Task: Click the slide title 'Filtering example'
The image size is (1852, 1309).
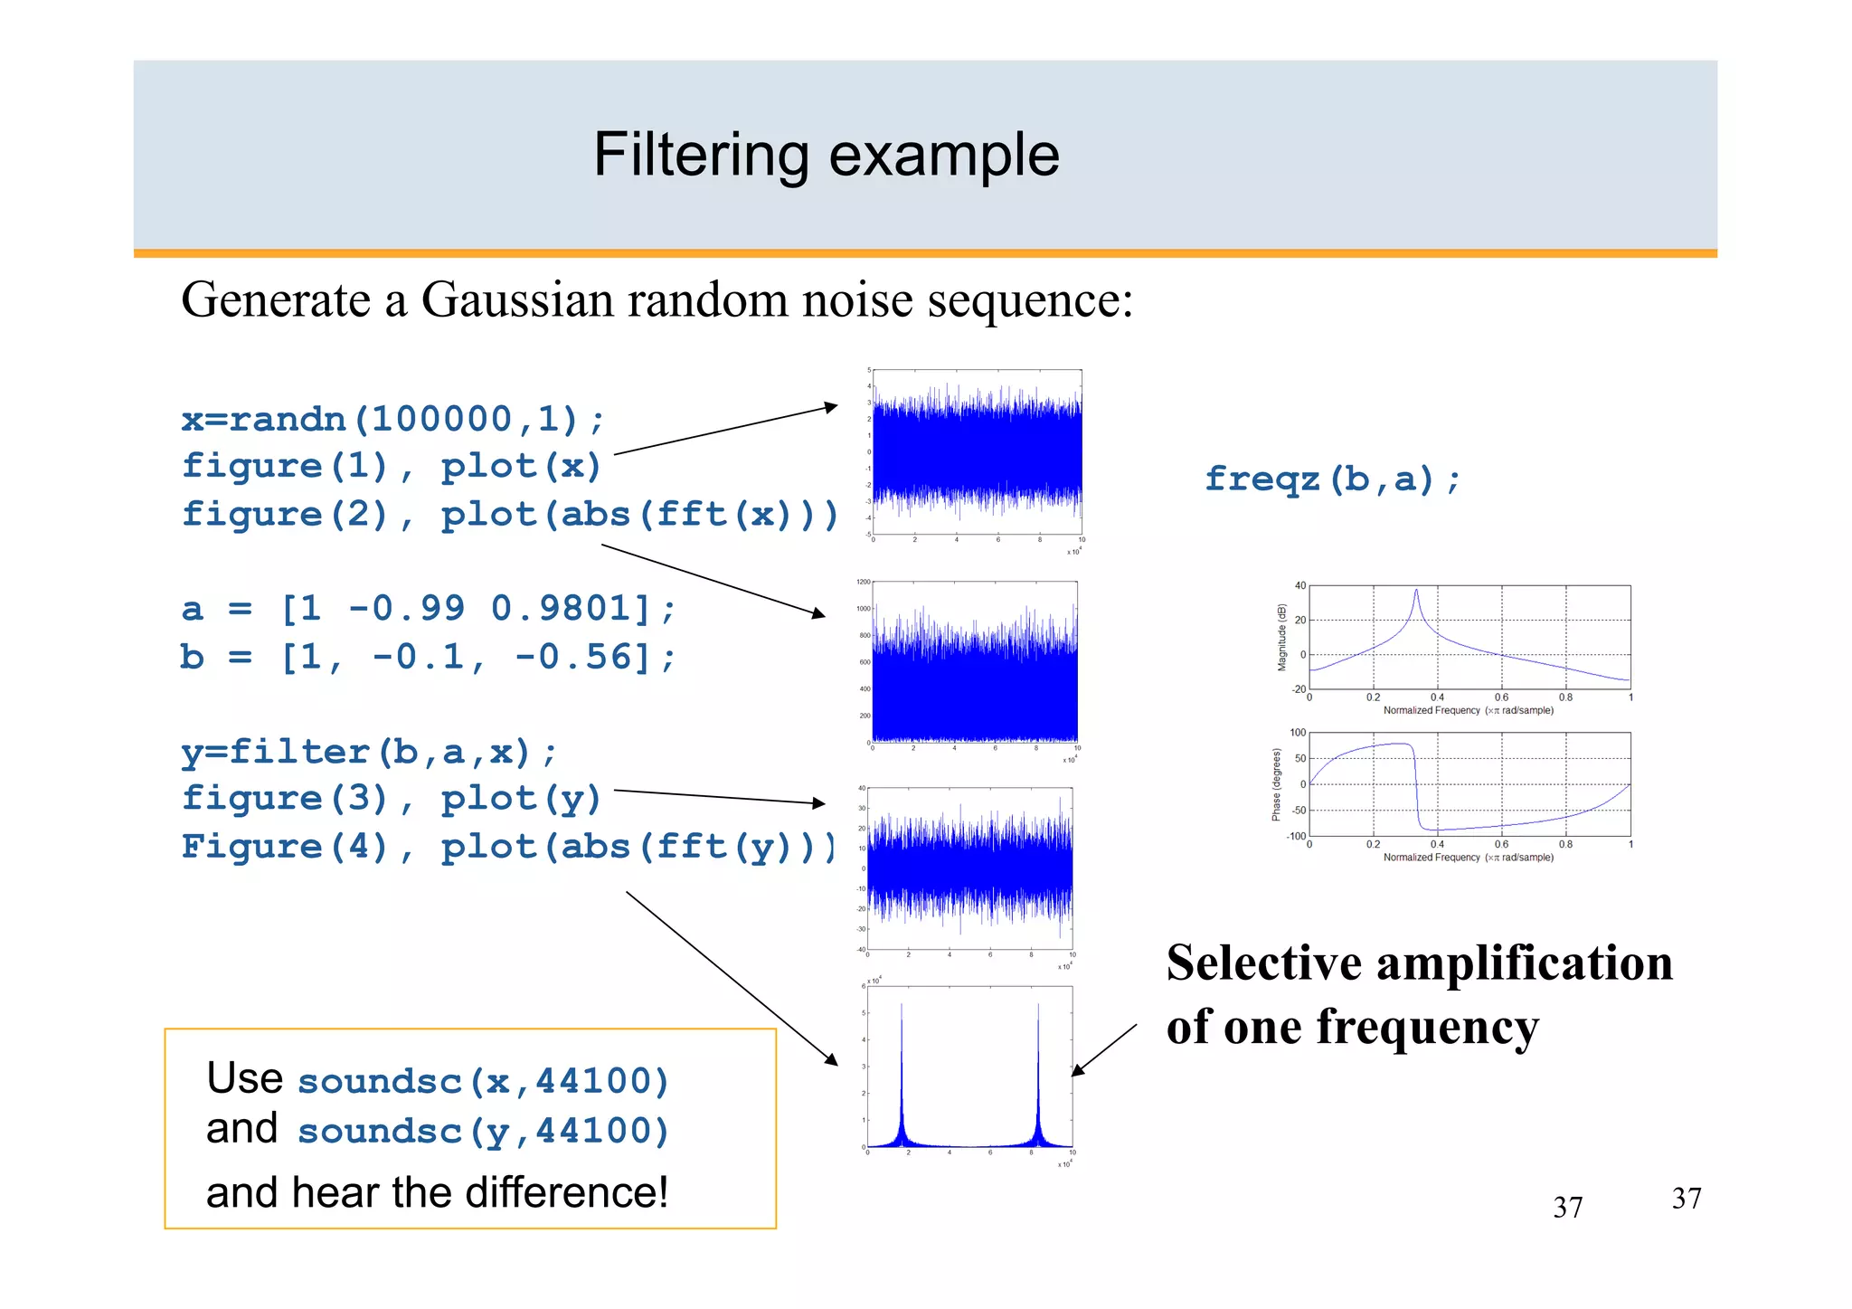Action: pyautogui.click(x=826, y=156)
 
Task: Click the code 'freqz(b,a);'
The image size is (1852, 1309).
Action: pyautogui.click(x=1332, y=479)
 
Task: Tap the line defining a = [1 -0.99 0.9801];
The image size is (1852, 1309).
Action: pyautogui.click(x=428, y=608)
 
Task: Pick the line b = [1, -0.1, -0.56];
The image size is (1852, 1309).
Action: pyautogui.click(x=428, y=657)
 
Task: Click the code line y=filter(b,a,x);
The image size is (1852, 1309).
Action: pyautogui.click(x=369, y=751)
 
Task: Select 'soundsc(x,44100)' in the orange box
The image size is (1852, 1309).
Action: pyautogui.click(x=483, y=1080)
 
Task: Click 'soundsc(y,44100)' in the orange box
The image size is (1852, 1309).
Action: pyautogui.click(x=483, y=1130)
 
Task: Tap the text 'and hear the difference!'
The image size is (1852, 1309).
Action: pyautogui.click(x=437, y=1192)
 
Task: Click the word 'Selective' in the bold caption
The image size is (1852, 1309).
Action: pyautogui.click(x=1263, y=963)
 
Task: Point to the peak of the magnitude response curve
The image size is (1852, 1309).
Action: pyautogui.click(x=1415, y=592)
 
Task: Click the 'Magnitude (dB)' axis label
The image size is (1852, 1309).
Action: pyautogui.click(x=1281, y=638)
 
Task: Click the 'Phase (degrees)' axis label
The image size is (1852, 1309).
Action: pyautogui.click(x=1276, y=784)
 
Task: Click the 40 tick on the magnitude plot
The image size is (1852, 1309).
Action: pyautogui.click(x=1299, y=586)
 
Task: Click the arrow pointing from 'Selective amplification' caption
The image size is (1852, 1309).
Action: pyautogui.click(x=1104, y=1050)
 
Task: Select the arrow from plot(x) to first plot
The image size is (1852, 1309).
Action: pyautogui.click(x=726, y=430)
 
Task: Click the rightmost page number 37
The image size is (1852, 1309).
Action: pyautogui.click(x=1686, y=1199)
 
